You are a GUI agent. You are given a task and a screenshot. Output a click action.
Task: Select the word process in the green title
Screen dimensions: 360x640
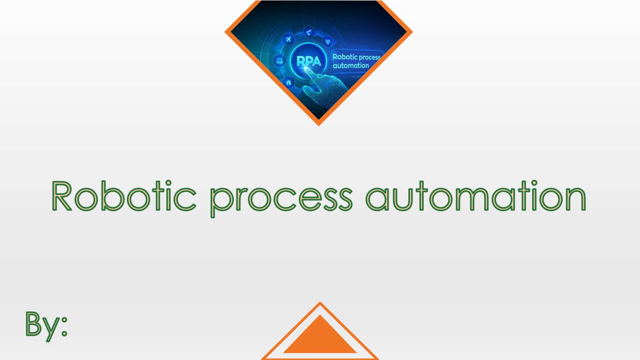pyautogui.click(x=281, y=198)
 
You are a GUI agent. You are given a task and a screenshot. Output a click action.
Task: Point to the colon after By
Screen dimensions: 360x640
pyautogui.click(x=64, y=326)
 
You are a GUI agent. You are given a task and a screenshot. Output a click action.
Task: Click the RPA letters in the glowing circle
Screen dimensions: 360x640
pyautogui.click(x=308, y=61)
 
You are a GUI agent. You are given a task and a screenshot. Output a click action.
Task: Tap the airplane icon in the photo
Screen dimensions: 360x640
pyautogui.click(x=289, y=40)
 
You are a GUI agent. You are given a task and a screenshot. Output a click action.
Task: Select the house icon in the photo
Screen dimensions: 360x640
pyautogui.click(x=289, y=82)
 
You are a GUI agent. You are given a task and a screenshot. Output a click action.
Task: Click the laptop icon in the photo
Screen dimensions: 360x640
pyautogui.click(x=279, y=61)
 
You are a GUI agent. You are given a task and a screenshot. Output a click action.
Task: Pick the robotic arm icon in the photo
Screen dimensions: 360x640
pyautogui.click(x=309, y=32)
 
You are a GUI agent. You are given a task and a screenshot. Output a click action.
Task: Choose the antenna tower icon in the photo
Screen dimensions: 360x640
pyautogui.click(x=328, y=41)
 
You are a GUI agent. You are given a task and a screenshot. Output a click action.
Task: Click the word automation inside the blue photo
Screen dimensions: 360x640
pyautogui.click(x=351, y=66)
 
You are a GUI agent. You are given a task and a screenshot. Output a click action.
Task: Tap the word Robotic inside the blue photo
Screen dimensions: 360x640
pyautogui.click(x=345, y=57)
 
